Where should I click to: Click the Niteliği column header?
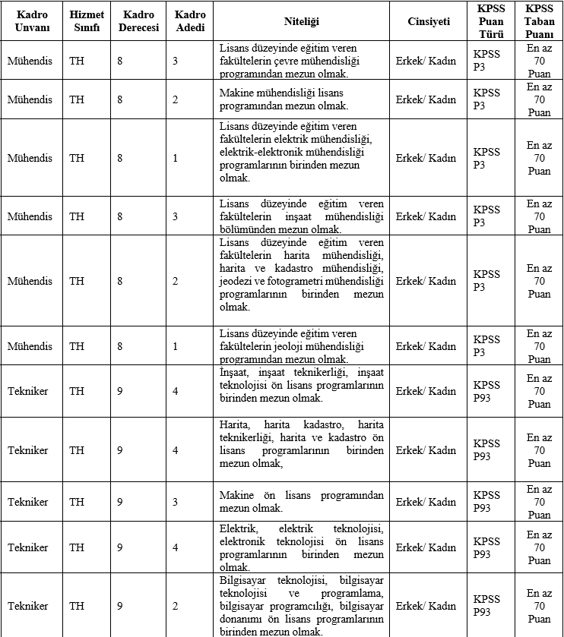pyautogui.click(x=301, y=21)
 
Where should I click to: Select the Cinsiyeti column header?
pyautogui.click(x=428, y=21)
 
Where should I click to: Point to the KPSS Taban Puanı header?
pyautogui.click(x=539, y=21)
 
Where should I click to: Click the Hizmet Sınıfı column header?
pyautogui.click(x=85, y=21)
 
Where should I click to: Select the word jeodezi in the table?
pyautogui.click(x=234, y=281)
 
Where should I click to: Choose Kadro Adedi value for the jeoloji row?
pyautogui.click(x=176, y=346)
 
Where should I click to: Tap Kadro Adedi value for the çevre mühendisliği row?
pyautogui.click(x=176, y=61)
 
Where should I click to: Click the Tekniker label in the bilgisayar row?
pyautogui.click(x=27, y=606)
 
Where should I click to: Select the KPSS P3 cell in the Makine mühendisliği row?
pyautogui.click(x=486, y=99)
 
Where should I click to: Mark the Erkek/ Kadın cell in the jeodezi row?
pyautogui.click(x=426, y=281)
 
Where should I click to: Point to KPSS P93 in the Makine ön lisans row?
pyautogui.click(x=486, y=502)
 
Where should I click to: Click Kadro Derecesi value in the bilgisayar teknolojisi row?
pyautogui.click(x=119, y=606)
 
